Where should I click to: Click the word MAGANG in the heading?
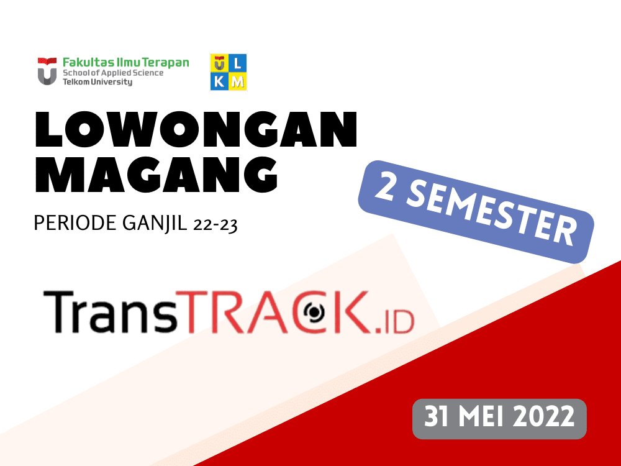(x=156, y=176)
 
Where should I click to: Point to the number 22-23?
(x=215, y=224)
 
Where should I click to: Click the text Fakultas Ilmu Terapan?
(x=126, y=62)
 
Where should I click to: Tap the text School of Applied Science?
(x=113, y=73)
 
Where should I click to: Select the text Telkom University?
(x=97, y=82)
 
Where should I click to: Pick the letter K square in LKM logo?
(x=219, y=81)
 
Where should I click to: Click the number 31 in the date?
(x=438, y=417)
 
